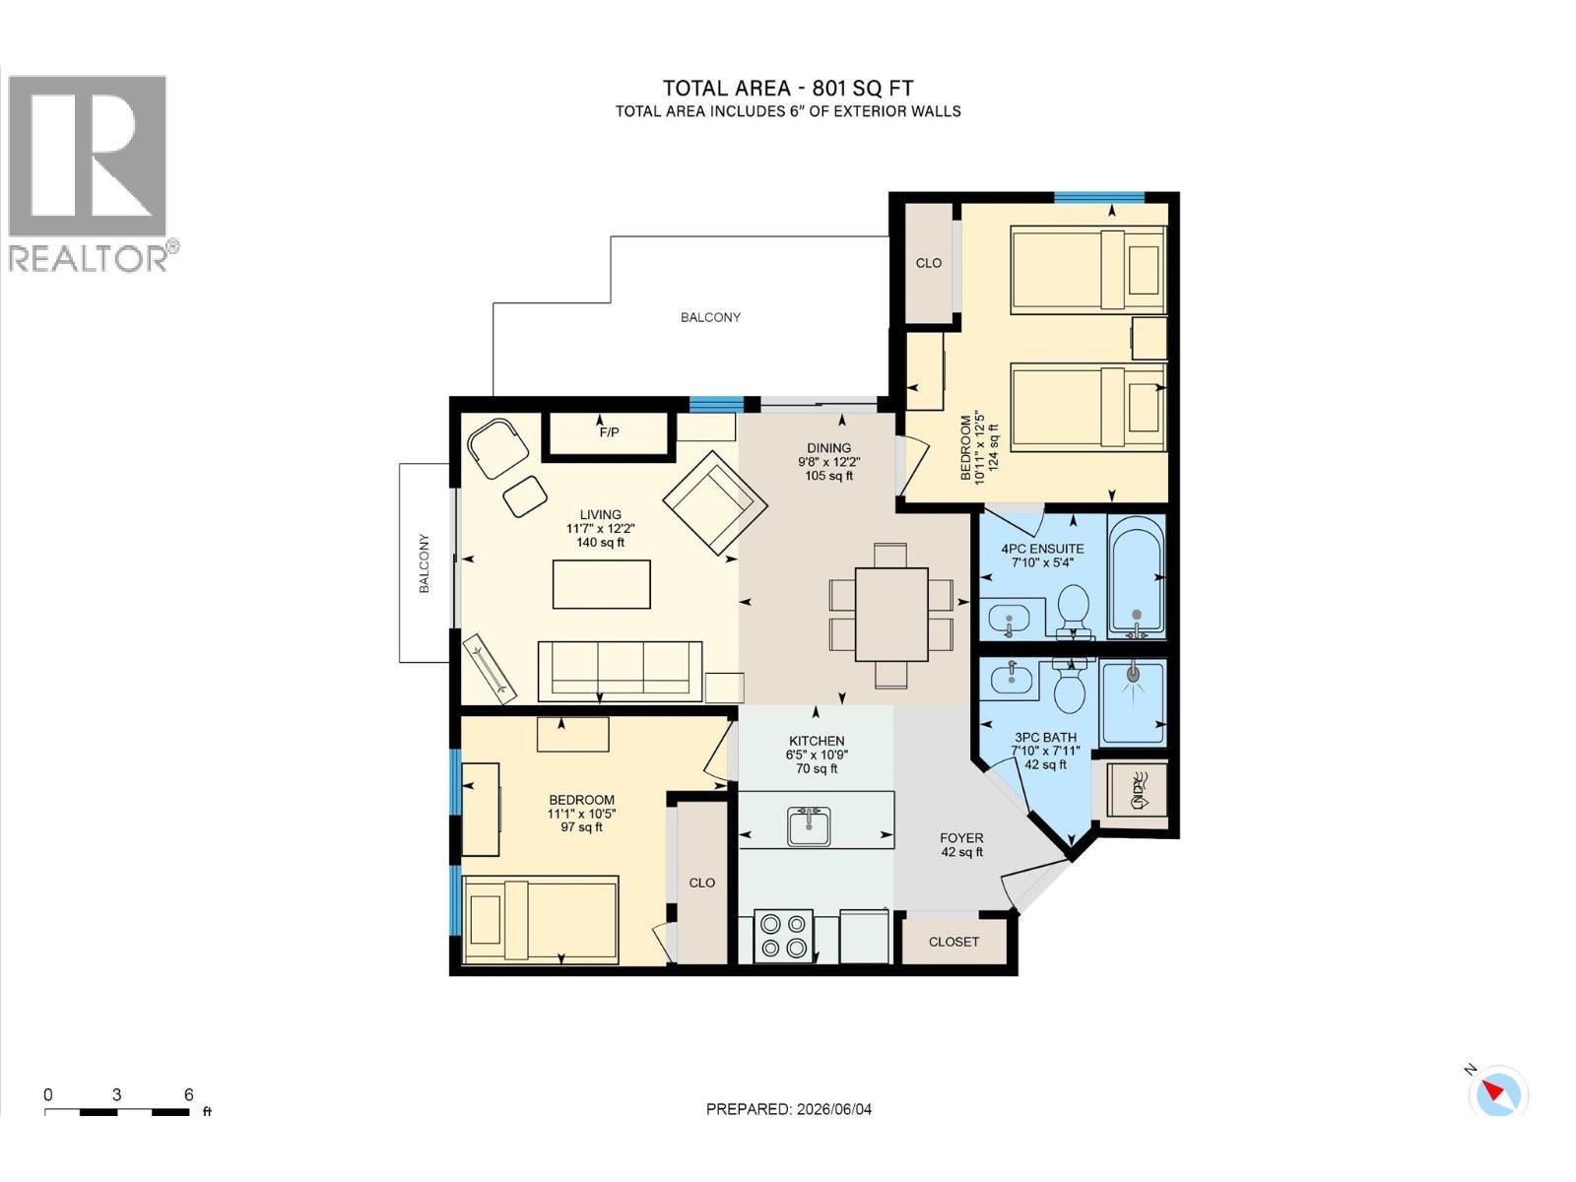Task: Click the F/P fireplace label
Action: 609,432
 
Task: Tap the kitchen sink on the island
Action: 809,826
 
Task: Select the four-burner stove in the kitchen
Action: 783,936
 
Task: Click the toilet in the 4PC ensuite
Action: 1074,611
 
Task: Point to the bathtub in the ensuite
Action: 1136,576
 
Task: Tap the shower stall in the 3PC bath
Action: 1133,702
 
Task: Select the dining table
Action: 891,614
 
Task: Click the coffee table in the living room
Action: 601,584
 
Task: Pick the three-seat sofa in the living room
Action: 620,671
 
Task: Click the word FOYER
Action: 961,837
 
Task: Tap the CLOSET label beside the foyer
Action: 953,942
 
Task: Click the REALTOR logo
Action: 89,174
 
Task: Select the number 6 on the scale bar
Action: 188,1114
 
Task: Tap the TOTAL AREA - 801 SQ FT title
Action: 788,89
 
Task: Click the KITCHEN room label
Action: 817,741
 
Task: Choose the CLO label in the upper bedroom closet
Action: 929,263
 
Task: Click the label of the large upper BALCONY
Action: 710,316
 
